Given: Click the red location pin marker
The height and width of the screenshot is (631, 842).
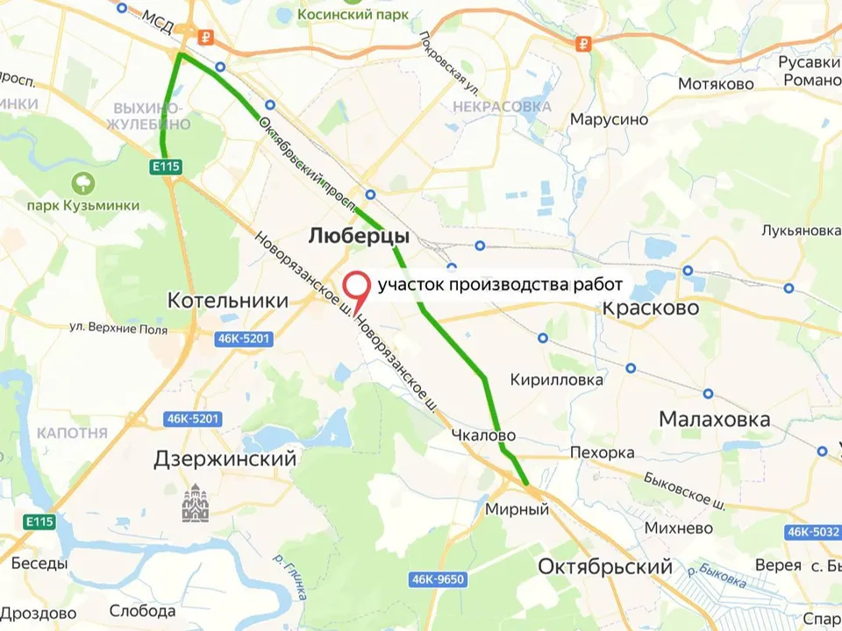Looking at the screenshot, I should pos(354,288).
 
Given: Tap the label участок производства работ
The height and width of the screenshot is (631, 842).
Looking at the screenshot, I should pos(500,285).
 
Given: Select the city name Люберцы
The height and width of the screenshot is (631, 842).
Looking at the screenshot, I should pos(358,237).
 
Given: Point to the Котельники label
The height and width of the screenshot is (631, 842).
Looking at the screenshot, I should pos(227,301).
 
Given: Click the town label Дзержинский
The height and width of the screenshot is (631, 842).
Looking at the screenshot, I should pos(225,458).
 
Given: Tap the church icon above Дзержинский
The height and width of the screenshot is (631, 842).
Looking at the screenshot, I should pos(195,506).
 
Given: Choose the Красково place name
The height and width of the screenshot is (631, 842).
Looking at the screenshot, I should pos(651,308).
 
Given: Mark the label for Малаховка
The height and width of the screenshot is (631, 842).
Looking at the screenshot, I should pos(714,420).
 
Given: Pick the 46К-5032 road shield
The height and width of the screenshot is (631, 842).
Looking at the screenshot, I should pos(812,531).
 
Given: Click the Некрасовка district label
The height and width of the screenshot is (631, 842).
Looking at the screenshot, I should pos(502,107).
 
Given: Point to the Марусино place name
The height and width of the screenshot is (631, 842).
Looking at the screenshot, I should pos(609,119).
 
